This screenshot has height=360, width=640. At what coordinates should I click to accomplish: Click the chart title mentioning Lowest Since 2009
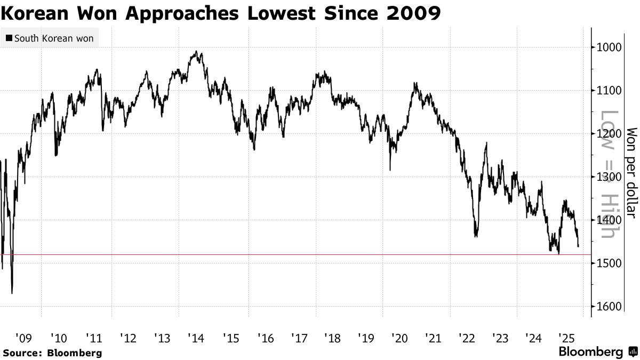coord(221,13)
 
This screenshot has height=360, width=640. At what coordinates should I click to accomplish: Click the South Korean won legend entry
coord(49,39)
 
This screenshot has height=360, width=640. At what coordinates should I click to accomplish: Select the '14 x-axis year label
coord(196,338)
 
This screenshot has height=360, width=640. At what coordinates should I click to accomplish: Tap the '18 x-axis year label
coord(333,338)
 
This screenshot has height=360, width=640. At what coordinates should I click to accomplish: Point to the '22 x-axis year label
coord(467,338)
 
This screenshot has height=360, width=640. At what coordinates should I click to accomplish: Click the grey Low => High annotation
coord(609,181)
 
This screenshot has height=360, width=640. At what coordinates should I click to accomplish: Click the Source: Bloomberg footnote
coord(52,353)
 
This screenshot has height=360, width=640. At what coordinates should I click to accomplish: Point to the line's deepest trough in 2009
coord(12,293)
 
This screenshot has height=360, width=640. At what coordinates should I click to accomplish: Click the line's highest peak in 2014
coord(196,52)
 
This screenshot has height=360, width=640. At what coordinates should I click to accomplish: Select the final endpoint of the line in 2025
coord(579,246)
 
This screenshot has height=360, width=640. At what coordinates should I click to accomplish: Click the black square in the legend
coord(9,39)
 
